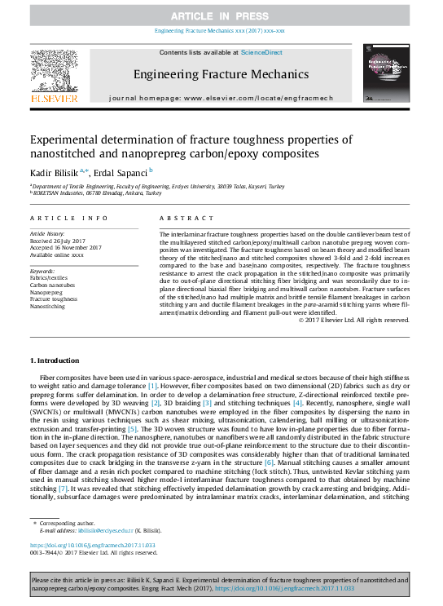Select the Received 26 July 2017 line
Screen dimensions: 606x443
pos(59,241)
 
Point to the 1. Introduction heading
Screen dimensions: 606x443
pos(55,361)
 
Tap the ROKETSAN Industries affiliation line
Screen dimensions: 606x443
pos(92,193)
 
